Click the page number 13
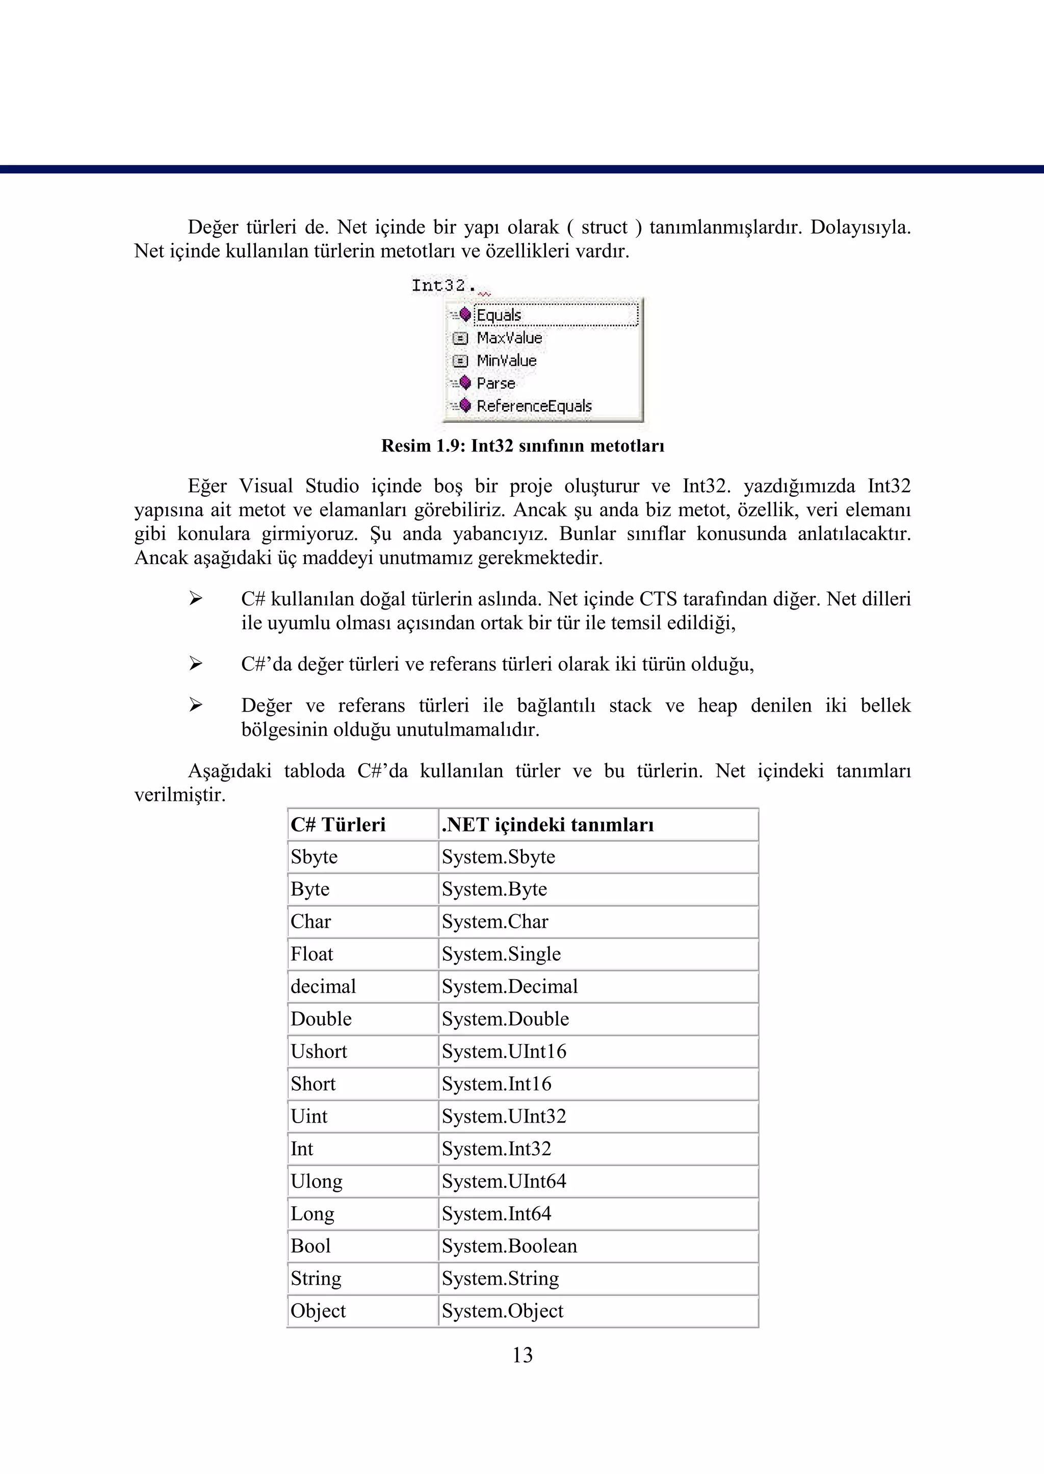pos(522,1355)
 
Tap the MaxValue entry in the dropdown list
pos(509,338)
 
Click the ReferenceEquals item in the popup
pos(534,406)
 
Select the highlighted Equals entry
pos(499,315)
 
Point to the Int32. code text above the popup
pos(443,285)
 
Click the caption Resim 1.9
pos(522,446)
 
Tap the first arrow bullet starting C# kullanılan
pos(195,599)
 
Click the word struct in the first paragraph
pos(604,227)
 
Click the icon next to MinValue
pos(460,361)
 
